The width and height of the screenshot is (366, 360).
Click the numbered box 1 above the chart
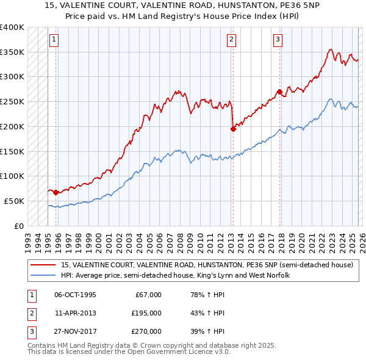coord(54,40)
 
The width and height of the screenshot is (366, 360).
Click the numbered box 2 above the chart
coord(232,40)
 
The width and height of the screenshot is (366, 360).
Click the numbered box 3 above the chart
coord(278,40)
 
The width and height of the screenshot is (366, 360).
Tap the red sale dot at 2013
coord(233,129)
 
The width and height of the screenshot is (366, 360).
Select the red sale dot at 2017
coord(279,92)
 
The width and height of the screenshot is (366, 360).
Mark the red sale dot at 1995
coord(56,192)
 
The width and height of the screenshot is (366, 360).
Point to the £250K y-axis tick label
coord(12,101)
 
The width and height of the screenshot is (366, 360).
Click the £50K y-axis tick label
coord(13,201)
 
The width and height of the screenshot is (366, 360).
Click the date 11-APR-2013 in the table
coord(75,313)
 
